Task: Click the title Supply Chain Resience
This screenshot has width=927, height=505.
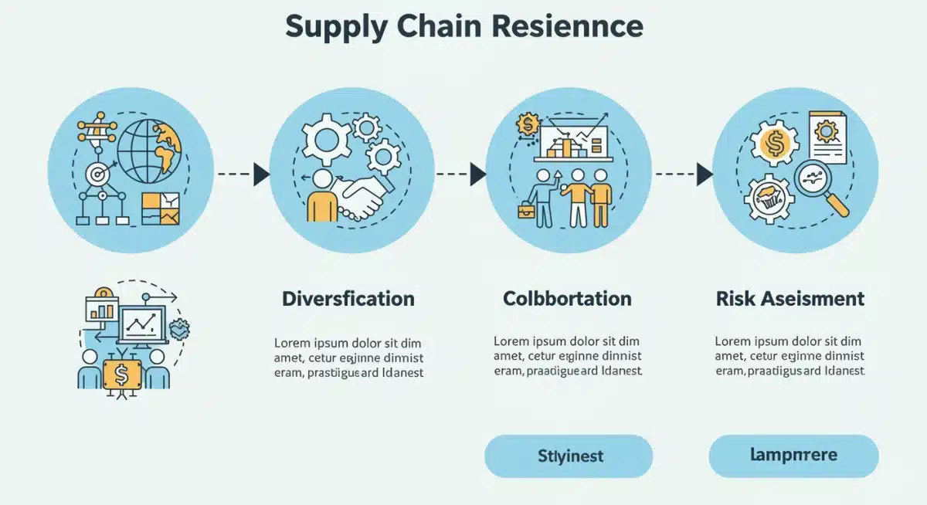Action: (463, 27)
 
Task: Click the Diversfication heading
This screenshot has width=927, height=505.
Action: (348, 299)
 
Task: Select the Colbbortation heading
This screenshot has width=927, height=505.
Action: (567, 299)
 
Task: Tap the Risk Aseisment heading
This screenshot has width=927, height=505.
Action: (790, 299)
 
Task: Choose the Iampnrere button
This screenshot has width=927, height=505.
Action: (793, 456)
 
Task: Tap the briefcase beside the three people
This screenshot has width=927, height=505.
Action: (527, 211)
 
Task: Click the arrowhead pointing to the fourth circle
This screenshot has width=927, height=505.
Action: (704, 174)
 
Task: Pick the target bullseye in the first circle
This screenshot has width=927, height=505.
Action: (97, 175)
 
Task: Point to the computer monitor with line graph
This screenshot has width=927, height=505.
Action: (141, 324)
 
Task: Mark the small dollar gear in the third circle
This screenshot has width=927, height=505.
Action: (529, 124)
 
